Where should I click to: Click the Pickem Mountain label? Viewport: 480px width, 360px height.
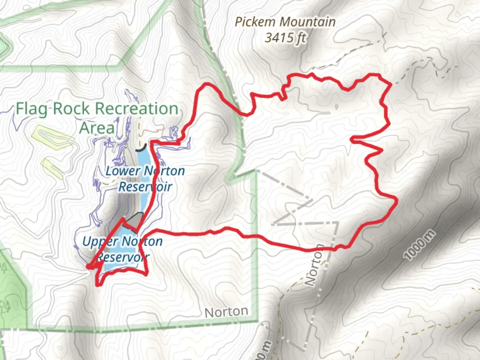[285, 22]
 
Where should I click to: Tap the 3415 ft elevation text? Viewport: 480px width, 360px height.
[285, 38]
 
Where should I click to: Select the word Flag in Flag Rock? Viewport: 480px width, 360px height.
[31, 109]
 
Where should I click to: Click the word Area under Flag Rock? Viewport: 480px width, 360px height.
[97, 128]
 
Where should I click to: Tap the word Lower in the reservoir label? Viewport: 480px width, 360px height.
[123, 171]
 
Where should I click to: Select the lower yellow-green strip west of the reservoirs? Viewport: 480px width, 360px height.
[52, 168]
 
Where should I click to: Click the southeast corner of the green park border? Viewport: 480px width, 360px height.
[257, 321]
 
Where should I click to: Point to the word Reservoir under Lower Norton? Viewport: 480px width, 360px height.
[145, 187]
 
